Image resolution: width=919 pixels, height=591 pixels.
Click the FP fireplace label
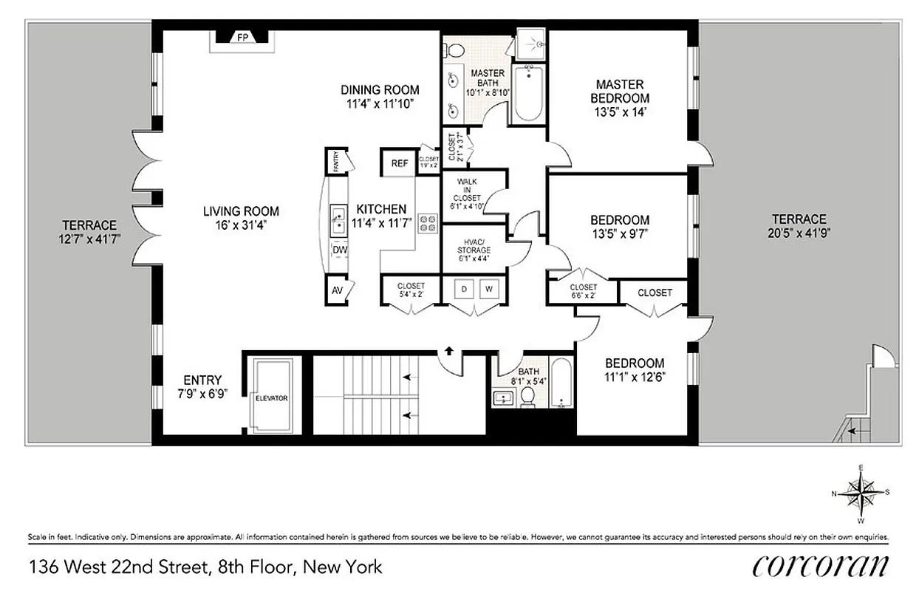click(242, 38)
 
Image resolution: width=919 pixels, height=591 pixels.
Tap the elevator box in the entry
click(271, 397)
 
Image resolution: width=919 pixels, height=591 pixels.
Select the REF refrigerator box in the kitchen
click(400, 163)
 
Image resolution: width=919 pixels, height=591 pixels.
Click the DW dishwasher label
click(339, 250)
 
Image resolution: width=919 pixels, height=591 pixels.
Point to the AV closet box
click(338, 290)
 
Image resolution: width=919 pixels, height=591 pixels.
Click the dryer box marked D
click(464, 289)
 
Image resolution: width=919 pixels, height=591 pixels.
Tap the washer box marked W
click(489, 289)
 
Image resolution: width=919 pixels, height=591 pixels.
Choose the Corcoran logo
click(820, 566)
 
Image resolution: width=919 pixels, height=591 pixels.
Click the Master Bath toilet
click(457, 50)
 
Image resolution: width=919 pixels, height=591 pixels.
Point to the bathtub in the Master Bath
click(527, 94)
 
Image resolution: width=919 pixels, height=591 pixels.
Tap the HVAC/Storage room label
click(474, 250)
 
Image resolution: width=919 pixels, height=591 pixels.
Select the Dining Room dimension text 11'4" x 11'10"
click(380, 104)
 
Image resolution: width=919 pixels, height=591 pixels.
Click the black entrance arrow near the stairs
click(448, 352)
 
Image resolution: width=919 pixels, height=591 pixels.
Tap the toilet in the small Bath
click(528, 397)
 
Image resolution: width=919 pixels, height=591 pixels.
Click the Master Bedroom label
click(621, 91)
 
